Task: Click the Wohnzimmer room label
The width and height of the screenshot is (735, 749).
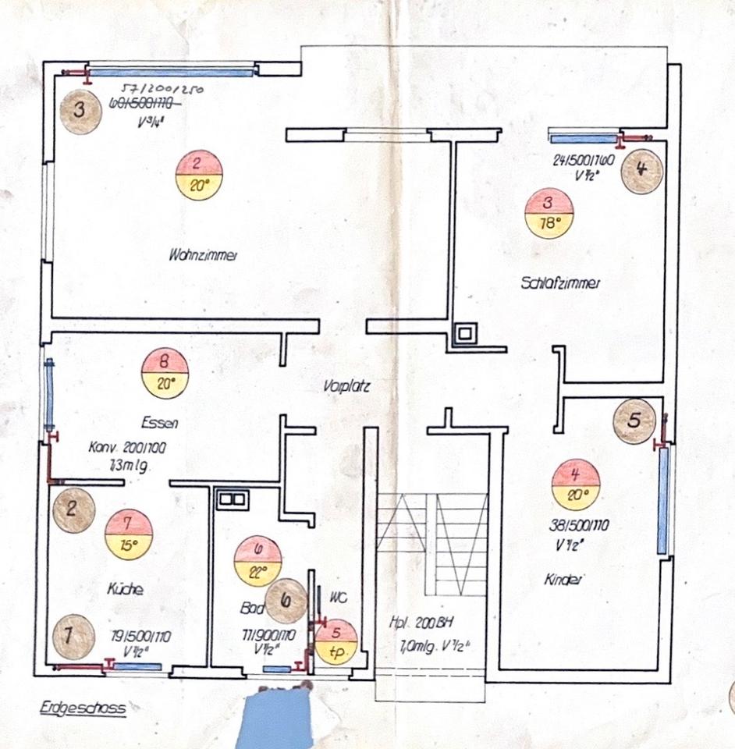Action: (202, 254)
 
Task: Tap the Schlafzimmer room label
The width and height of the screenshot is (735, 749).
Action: (559, 284)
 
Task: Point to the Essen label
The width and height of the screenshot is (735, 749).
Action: (160, 424)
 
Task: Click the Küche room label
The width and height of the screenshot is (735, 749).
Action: (125, 591)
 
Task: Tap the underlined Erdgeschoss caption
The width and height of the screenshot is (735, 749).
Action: (82, 708)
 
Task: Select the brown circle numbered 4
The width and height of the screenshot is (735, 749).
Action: (641, 169)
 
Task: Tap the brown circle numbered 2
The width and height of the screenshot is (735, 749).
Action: (73, 512)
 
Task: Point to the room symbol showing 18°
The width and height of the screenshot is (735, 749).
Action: (549, 213)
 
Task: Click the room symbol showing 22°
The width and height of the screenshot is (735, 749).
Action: (257, 560)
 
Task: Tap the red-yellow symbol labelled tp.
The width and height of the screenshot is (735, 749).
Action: (336, 641)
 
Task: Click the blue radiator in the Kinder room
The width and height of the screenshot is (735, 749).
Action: (663, 499)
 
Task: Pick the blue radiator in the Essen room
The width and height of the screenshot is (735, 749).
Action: (50, 394)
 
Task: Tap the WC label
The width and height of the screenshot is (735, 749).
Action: (337, 599)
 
